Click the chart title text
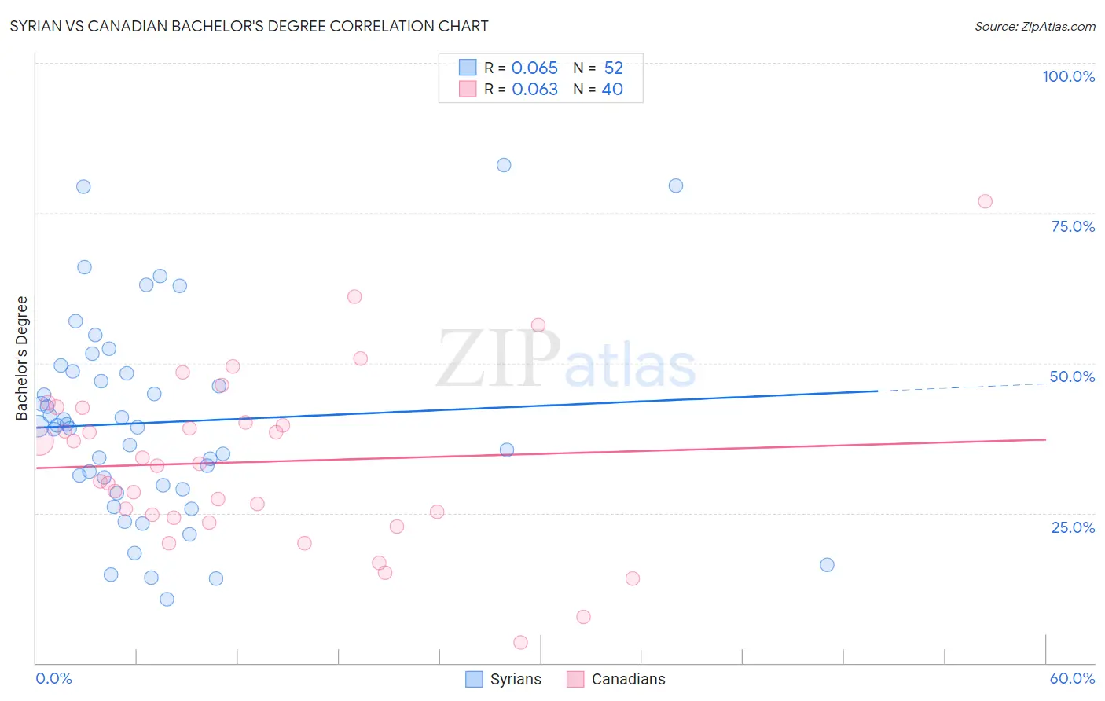249,26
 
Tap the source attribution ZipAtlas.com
1034,26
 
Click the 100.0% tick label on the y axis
1068,76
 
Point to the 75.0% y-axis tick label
1073,226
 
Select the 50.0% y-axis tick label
1072,376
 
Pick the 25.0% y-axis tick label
1073,527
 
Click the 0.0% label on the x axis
53,678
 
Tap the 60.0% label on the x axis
1072,678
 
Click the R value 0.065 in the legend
534,68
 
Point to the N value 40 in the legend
612,90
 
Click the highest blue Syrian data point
504,165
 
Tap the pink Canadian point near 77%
985,201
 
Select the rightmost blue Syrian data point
827,565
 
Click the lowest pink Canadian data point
520,643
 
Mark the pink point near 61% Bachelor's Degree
354,297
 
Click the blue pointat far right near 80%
676,186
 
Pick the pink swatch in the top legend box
468,90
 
